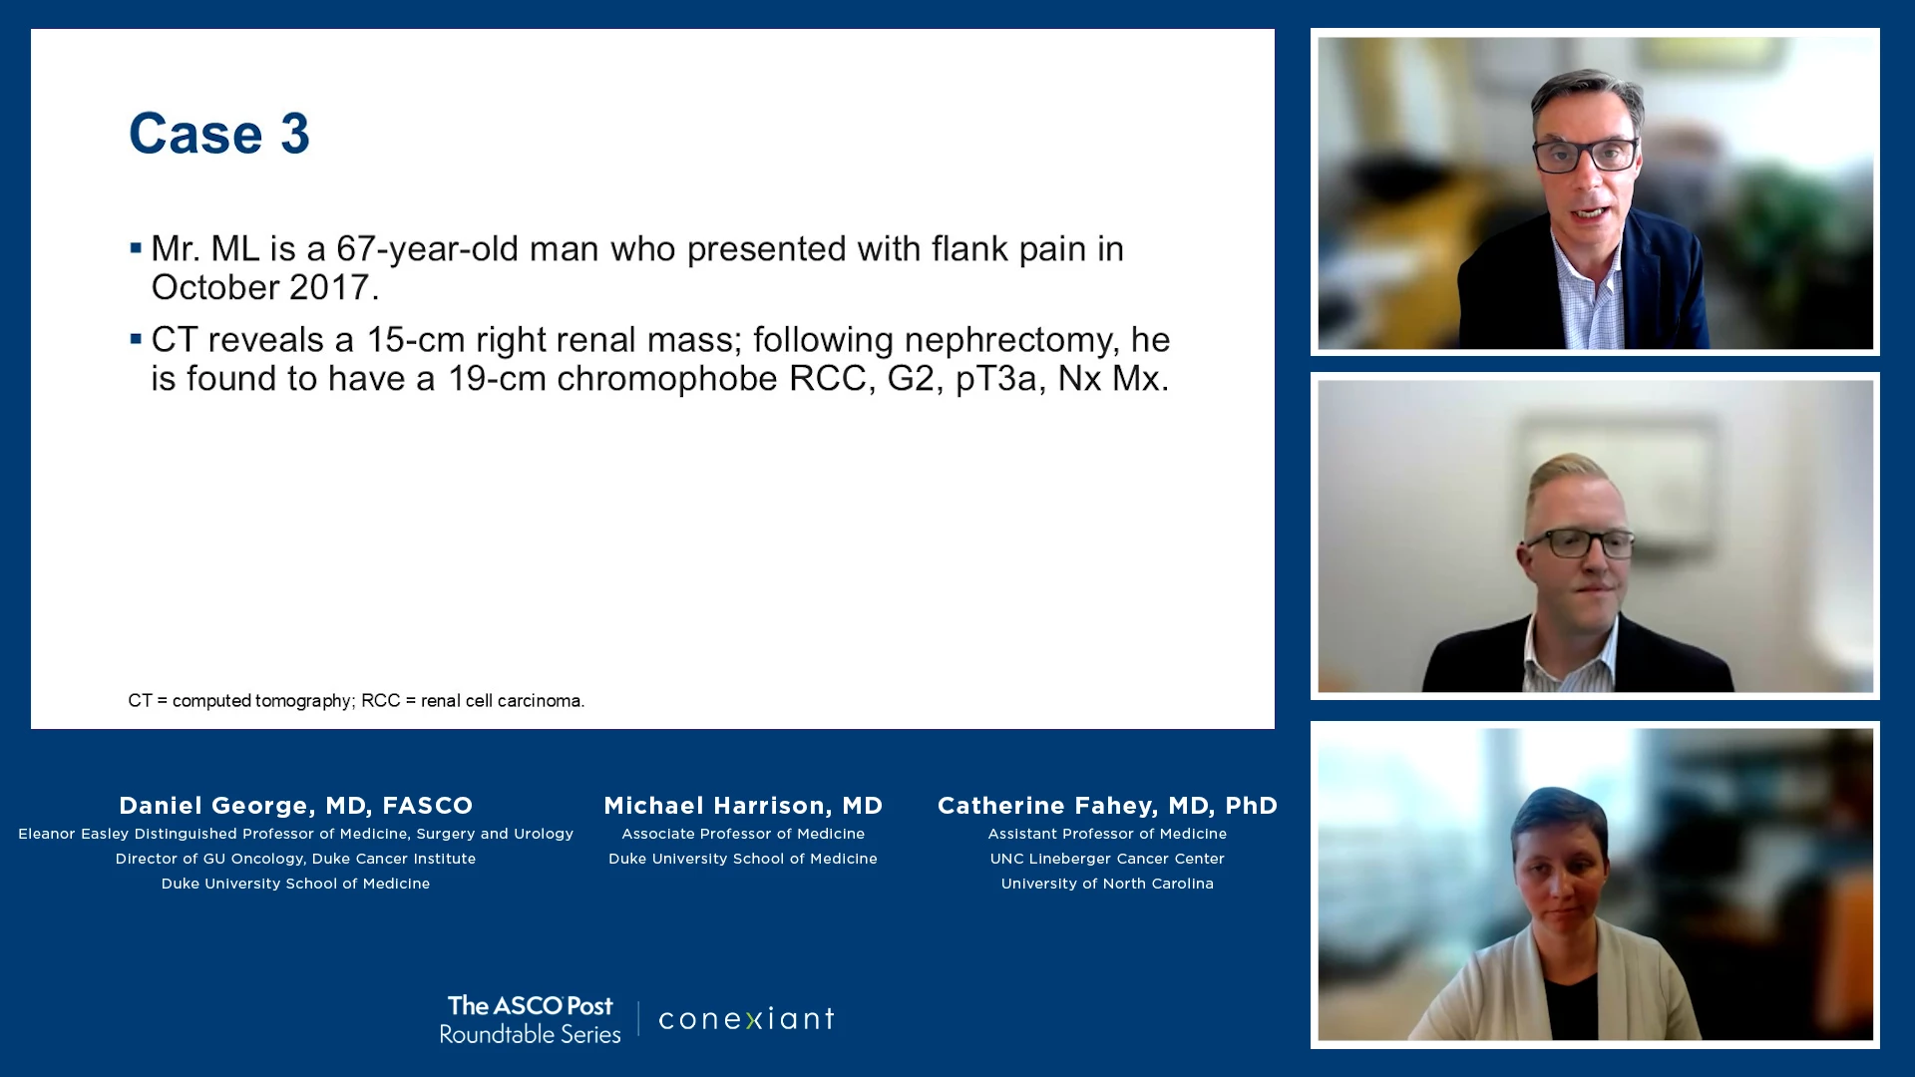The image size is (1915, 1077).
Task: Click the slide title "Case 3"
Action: click(x=219, y=134)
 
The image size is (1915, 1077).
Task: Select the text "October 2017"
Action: click(x=260, y=288)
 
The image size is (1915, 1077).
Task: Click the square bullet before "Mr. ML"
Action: click(x=136, y=247)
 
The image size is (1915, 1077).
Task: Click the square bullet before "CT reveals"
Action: click(x=136, y=339)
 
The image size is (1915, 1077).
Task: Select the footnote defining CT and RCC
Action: click(x=356, y=701)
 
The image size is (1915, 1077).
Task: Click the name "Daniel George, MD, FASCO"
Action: click(x=296, y=806)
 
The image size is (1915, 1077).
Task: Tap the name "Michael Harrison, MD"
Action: click(x=743, y=806)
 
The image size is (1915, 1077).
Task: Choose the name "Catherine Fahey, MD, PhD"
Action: click(x=1107, y=806)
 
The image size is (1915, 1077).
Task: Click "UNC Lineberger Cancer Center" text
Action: click(x=1107, y=859)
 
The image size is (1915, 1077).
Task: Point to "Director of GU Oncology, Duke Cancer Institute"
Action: click(x=295, y=859)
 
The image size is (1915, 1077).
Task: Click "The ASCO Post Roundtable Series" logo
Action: click(x=530, y=1019)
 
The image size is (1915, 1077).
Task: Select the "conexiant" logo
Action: click(x=746, y=1019)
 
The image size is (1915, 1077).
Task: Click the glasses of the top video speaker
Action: click(x=1586, y=156)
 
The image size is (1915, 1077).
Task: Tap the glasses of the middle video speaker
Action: click(x=1580, y=543)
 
